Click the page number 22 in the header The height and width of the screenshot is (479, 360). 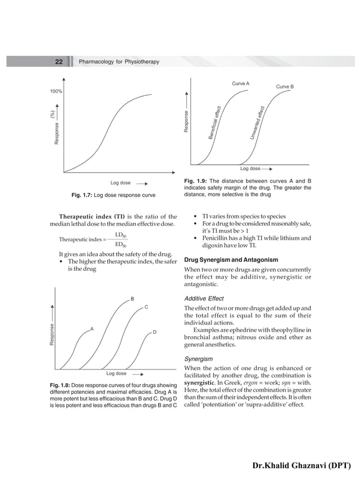coord(59,61)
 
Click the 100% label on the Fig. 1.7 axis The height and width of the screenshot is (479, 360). coord(55,91)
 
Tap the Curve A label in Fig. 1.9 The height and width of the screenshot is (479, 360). coord(240,84)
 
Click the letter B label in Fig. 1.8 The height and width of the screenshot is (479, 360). coord(131,298)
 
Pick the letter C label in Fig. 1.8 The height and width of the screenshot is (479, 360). coord(146,307)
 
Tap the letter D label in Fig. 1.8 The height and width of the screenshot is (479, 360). coord(155,332)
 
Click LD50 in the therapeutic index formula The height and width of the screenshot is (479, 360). coord(120,234)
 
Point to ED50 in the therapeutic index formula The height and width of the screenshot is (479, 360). coord(120,244)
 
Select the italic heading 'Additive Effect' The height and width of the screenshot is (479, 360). coord(204,298)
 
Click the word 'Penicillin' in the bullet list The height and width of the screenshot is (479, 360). coord(209,238)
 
